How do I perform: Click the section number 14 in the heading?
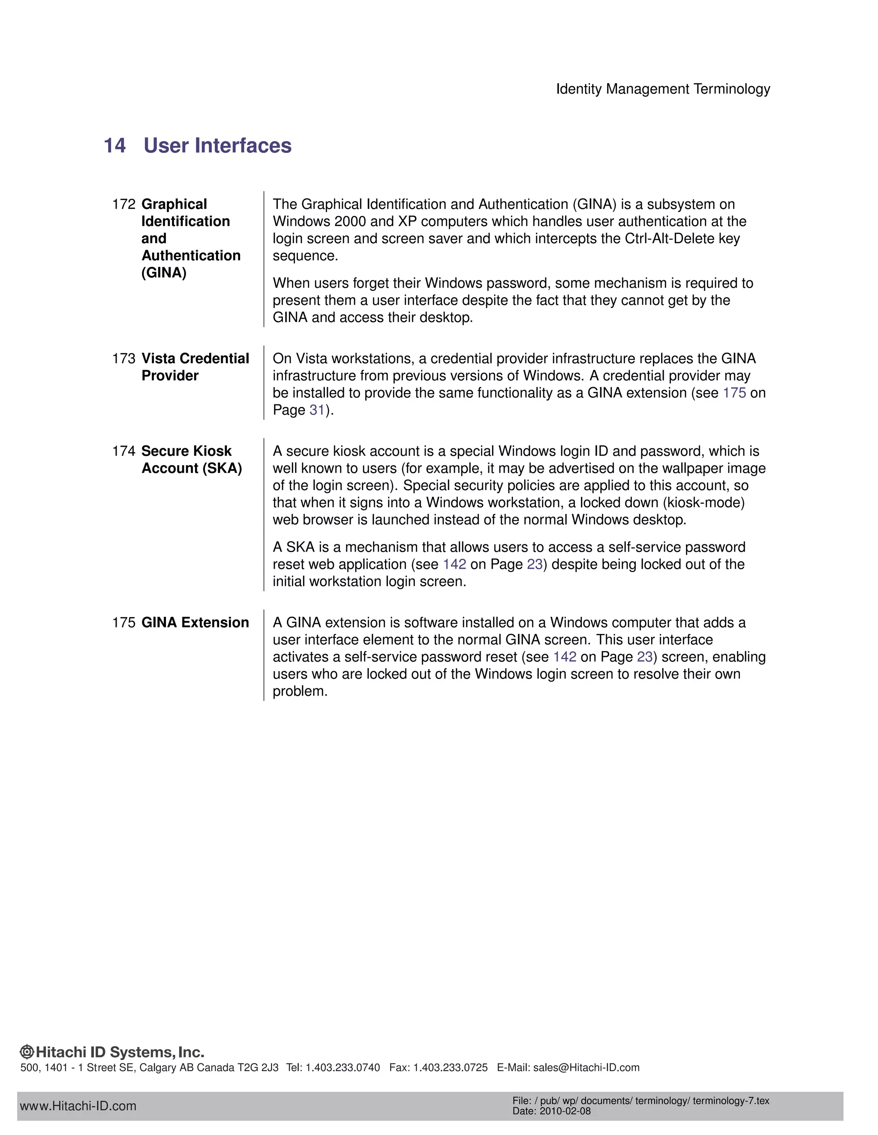tap(114, 146)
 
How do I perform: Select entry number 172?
tap(123, 204)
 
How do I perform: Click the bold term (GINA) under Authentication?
tap(164, 273)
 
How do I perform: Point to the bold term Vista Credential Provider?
tap(195, 367)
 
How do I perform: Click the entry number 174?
tap(123, 451)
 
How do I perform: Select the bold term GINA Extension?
tap(195, 623)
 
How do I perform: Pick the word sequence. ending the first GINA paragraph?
tap(305, 256)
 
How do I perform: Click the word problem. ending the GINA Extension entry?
tap(300, 691)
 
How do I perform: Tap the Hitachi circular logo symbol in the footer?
tap(27, 1052)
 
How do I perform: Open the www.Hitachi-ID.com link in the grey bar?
tap(78, 1106)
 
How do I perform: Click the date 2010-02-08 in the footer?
tap(565, 1111)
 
